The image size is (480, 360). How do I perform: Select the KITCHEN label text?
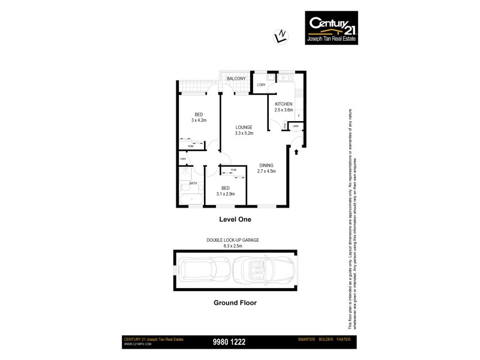283,104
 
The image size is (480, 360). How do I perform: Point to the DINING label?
267,165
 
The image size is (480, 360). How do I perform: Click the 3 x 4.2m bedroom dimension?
199,120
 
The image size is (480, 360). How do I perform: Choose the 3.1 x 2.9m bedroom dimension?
225,193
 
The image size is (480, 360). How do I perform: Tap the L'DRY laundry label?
261,85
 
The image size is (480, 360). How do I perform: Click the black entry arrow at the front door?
296,152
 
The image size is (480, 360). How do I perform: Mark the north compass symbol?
278,36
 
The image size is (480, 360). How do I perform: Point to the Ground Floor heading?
235,303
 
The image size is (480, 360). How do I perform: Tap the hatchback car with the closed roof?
203,271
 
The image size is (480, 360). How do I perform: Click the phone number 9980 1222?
229,342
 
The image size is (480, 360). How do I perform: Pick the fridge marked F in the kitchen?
298,115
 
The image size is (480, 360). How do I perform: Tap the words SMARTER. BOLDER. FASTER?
324,341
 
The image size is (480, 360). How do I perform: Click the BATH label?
193,184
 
